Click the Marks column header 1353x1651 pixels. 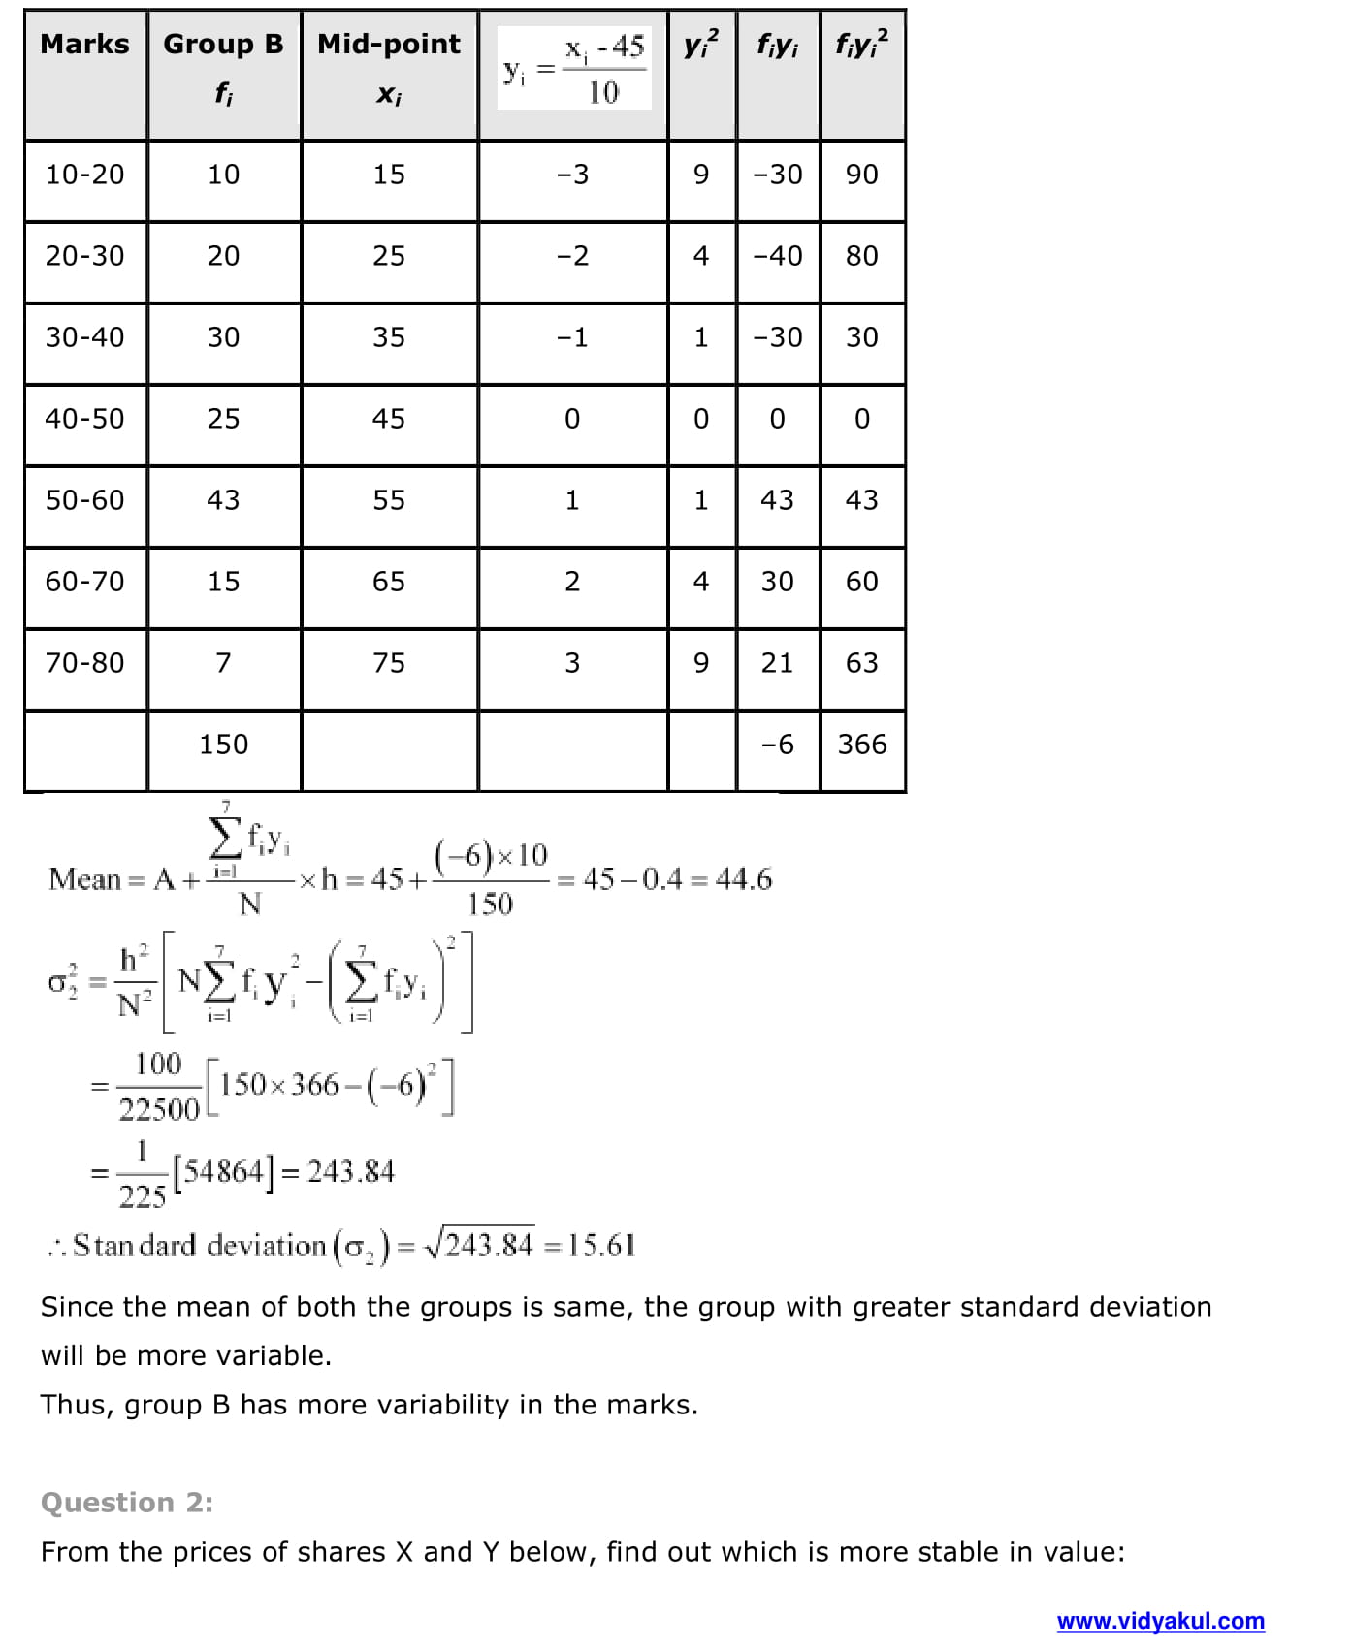85,45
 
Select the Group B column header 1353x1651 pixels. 223,45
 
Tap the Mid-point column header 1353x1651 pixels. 389,45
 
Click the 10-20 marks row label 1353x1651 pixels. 85,175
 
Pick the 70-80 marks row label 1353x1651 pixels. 85,663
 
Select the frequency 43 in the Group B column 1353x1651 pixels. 223,500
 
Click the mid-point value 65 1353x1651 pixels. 389,582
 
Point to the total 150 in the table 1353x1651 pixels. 223,745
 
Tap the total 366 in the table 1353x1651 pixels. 862,745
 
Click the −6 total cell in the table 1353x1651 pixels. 777,745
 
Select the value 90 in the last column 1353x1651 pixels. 862,175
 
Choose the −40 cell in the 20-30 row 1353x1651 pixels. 777,256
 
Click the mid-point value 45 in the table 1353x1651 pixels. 389,419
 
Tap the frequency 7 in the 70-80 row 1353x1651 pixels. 223,663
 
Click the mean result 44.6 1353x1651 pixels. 744,879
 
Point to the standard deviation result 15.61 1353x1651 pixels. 602,1246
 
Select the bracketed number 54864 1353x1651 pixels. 224,1172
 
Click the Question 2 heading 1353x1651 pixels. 127,1503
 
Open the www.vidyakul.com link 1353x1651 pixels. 1160,1621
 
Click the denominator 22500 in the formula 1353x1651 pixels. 158,1109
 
